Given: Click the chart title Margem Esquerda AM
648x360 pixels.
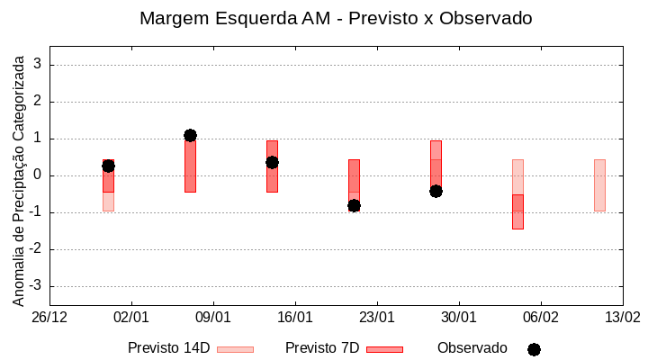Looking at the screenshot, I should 336,18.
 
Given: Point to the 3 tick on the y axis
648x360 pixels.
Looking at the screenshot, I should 38,65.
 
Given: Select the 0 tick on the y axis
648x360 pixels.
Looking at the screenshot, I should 38,175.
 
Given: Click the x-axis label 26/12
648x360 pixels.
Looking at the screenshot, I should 49,318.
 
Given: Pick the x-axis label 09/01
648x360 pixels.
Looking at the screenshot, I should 213,318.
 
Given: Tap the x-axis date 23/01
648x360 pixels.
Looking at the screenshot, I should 377,318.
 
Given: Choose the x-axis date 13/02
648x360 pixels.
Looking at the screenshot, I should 622,318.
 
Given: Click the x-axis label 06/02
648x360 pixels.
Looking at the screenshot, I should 540,318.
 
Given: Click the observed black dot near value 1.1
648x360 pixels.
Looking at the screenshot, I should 190,135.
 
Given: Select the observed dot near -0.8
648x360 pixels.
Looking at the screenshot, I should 354,205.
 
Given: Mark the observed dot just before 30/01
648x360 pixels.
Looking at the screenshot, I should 436,191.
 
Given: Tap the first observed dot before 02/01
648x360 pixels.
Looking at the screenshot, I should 108,166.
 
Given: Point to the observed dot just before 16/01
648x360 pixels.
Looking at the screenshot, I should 272,162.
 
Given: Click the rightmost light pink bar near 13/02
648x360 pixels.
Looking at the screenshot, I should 599,184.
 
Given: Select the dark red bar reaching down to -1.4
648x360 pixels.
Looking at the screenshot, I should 517,211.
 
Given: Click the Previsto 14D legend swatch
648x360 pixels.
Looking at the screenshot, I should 235,349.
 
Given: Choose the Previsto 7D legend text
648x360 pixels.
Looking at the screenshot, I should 322,348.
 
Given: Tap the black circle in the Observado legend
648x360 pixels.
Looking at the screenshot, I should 534,349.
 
